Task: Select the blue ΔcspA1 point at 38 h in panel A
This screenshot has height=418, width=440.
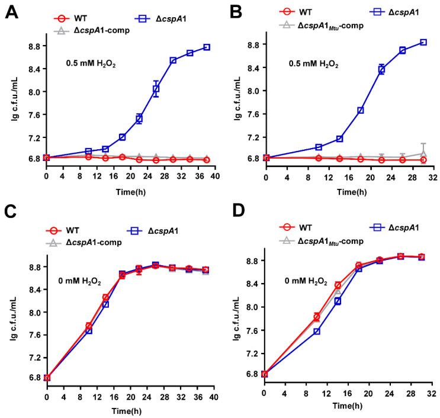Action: (207, 47)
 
